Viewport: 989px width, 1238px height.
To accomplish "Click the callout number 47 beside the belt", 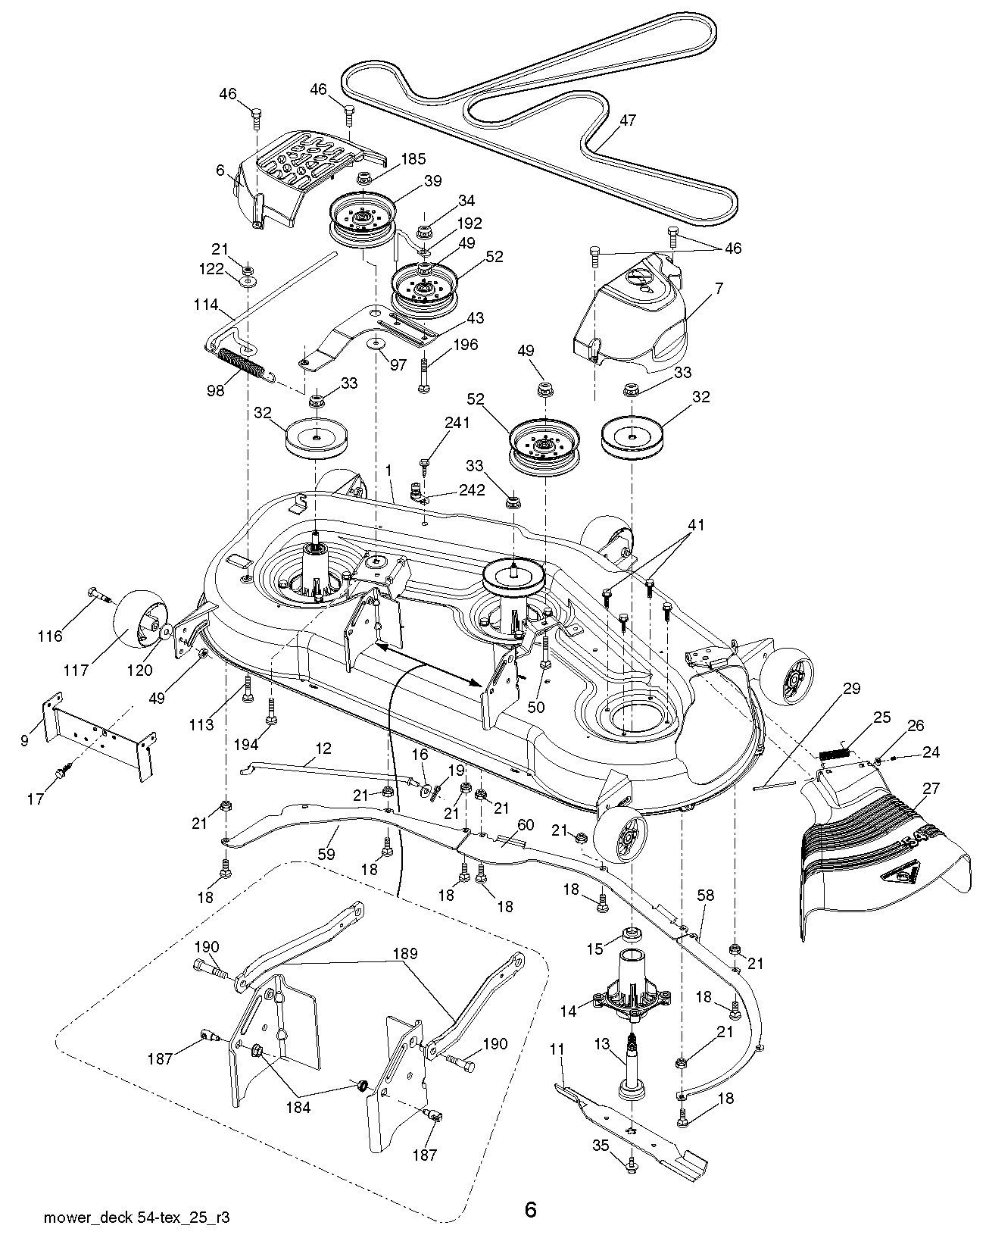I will pos(627,120).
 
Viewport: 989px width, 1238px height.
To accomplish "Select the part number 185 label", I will pos(413,159).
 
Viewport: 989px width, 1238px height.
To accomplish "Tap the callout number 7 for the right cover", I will pos(719,289).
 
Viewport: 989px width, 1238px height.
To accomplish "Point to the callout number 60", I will pos(525,824).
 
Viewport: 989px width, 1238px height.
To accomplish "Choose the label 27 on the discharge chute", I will pos(931,789).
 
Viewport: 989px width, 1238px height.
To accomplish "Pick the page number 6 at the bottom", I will pos(530,1210).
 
